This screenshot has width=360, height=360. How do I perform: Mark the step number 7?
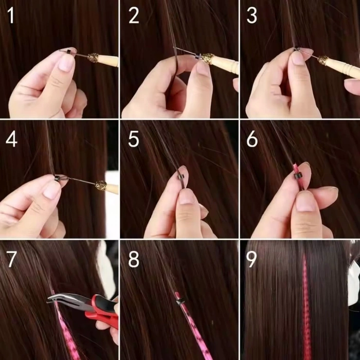(x=11, y=259)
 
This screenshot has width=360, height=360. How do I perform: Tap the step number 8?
(x=134, y=259)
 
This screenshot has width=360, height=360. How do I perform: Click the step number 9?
(x=251, y=259)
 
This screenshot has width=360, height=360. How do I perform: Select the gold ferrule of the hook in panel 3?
(x=322, y=60)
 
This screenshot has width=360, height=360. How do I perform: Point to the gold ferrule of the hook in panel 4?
(x=101, y=186)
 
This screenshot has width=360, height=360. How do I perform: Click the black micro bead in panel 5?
(x=181, y=176)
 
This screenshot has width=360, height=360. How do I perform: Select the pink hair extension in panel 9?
(x=307, y=309)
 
